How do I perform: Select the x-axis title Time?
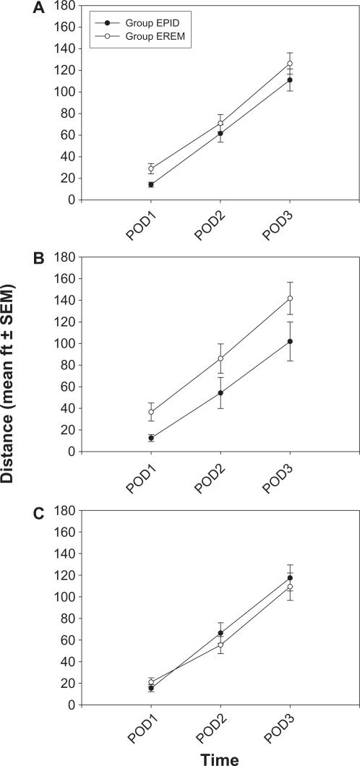(220, 757)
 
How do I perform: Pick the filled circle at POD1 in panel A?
(151, 184)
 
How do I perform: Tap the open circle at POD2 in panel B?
(220, 358)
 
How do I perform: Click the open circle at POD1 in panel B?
(151, 412)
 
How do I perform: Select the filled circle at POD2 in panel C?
(220, 633)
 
